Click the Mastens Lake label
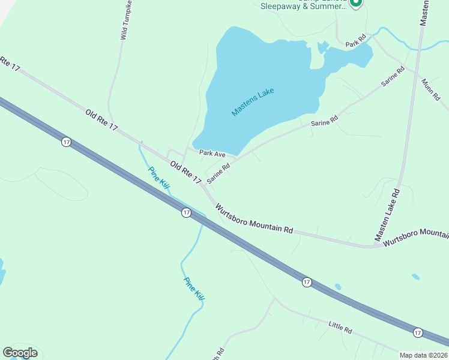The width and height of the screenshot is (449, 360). click(253, 103)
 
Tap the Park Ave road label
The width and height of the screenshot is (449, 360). click(212, 154)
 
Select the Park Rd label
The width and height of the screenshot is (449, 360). click(355, 43)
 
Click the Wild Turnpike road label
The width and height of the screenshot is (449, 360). click(127, 20)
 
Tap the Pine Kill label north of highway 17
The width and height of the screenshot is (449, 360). click(159, 178)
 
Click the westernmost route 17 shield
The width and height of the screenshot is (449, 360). click(66, 142)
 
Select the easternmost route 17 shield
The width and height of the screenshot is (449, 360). click(418, 332)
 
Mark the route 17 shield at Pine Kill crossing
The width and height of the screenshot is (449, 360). click(187, 212)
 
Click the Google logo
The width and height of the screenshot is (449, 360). click(20, 353)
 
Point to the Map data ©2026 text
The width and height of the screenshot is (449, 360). click(423, 355)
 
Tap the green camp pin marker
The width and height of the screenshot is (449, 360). click(355, 3)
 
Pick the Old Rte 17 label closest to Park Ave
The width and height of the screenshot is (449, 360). click(185, 173)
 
